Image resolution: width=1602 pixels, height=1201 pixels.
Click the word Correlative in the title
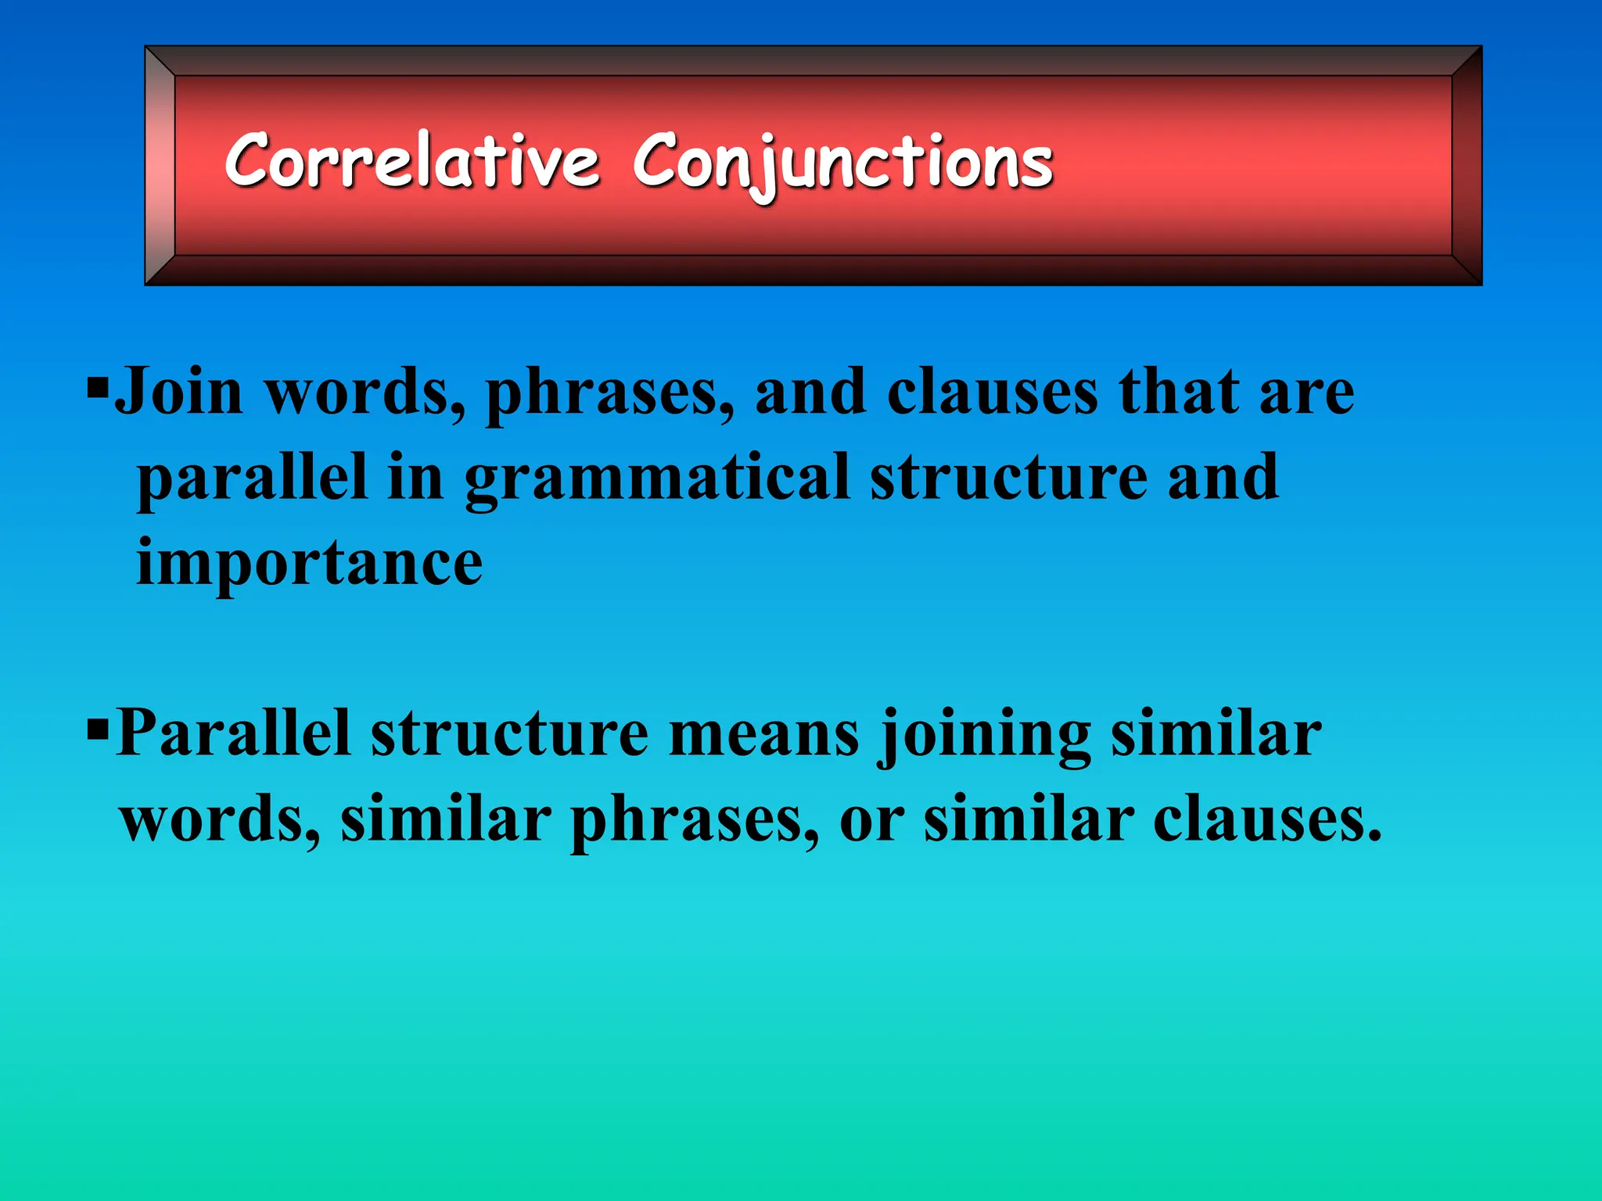pos(412,161)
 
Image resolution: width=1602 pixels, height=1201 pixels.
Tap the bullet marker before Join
pos(97,386)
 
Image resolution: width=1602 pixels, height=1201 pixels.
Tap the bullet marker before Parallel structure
pos(97,730)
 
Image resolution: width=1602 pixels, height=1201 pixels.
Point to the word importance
pos(309,563)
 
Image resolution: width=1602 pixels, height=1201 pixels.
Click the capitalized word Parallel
pos(233,733)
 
